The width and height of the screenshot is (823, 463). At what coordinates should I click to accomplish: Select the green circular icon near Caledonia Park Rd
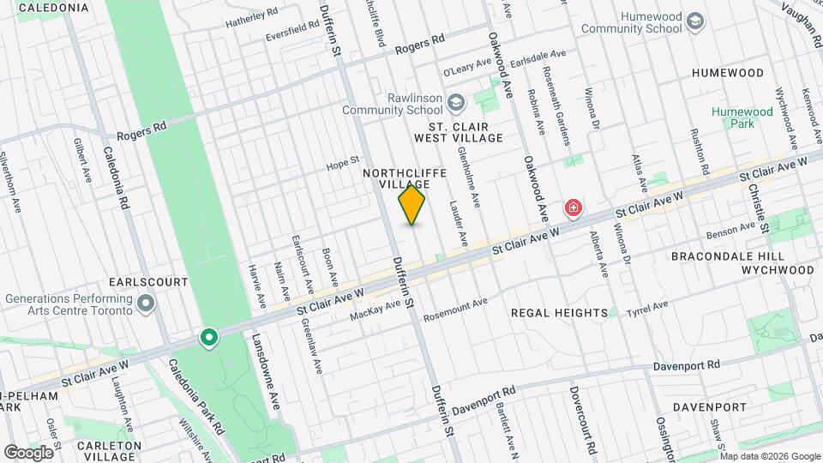208,338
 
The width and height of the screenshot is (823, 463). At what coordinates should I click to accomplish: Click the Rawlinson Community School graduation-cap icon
456,104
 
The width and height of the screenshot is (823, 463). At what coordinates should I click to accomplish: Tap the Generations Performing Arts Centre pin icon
146,304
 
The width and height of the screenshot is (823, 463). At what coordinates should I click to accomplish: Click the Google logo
28,452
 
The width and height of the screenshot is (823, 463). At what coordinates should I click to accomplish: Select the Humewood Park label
742,117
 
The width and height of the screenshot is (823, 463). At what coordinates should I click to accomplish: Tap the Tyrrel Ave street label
648,307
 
